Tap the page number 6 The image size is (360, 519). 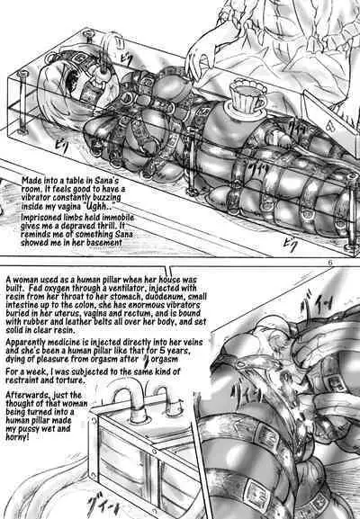tap(330, 263)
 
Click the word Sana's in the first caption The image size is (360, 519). tap(106, 181)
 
